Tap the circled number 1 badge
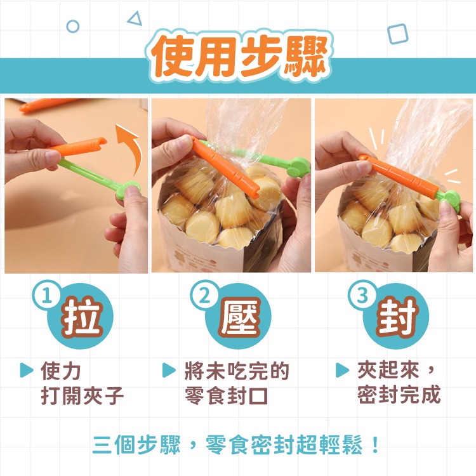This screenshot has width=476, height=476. click(x=46, y=294)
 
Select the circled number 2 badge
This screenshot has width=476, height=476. click(x=204, y=294)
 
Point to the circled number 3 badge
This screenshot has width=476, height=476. click(x=362, y=294)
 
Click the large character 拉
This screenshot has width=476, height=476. click(x=81, y=317)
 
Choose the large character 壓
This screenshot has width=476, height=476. click(x=240, y=317)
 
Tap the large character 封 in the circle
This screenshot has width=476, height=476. click(x=397, y=317)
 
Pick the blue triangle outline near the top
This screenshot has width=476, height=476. click(x=135, y=19)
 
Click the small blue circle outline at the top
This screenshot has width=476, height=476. click(x=73, y=27)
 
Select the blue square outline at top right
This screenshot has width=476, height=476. click(x=397, y=34)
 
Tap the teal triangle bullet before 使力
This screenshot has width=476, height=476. click(x=26, y=370)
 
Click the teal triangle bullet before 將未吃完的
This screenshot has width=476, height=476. click(x=169, y=370)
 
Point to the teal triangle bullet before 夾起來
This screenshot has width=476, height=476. click(x=342, y=370)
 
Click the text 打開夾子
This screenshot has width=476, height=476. click(x=82, y=395)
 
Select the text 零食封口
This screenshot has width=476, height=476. click(x=227, y=395)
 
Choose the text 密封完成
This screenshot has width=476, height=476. click(x=399, y=394)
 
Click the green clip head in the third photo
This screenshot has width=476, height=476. click(x=450, y=201)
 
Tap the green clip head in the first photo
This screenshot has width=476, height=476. click(x=128, y=190)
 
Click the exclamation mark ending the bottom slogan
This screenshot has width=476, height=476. click(x=375, y=445)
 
